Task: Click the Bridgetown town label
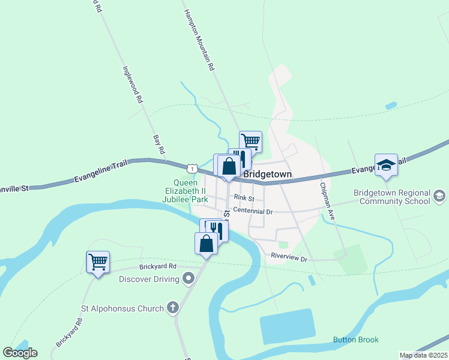[267, 174]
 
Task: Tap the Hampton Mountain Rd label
[199, 41]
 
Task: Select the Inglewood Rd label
[132, 85]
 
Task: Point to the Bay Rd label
[159, 145]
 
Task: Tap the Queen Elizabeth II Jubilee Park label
[191, 190]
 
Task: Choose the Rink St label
[244, 198]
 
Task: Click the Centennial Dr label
[253, 211]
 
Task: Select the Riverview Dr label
[289, 259]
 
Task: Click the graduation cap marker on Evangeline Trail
[386, 165]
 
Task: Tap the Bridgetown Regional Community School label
[392, 197]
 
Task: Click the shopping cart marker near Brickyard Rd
[98, 262]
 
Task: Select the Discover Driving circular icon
[188, 279]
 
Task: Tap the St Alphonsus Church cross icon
[172, 308]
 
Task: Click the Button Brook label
[356, 340]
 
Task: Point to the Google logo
[20, 352]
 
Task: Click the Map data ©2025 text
[423, 355]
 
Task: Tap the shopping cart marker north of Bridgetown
[250, 142]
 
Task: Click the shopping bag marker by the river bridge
[206, 244]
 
